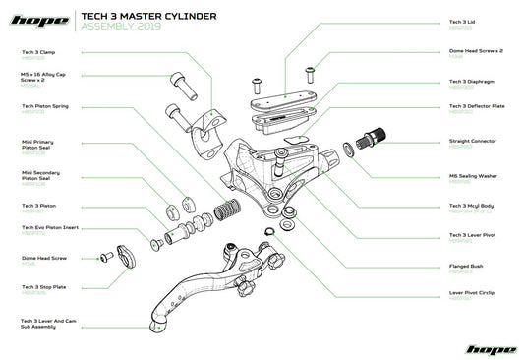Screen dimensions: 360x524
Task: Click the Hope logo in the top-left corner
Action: [38, 19]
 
